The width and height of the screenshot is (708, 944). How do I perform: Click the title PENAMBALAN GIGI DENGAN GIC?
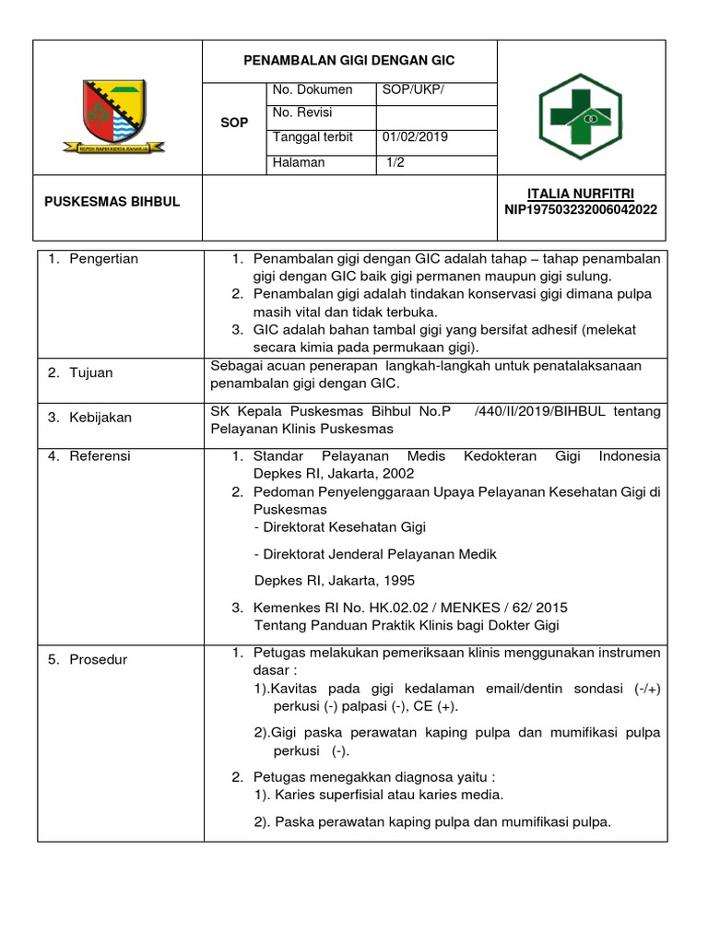pyautogui.click(x=348, y=61)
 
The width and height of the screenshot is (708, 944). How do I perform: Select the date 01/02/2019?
pyautogui.click(x=415, y=137)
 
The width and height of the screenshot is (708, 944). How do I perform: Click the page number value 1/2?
pyautogui.click(x=397, y=162)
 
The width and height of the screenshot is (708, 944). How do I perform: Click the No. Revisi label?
pyautogui.click(x=302, y=113)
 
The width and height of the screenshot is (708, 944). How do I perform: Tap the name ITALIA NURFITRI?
pyautogui.click(x=581, y=194)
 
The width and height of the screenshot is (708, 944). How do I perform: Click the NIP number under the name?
pyautogui.click(x=581, y=209)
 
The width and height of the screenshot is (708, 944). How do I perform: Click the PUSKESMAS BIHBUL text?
pyautogui.click(x=112, y=202)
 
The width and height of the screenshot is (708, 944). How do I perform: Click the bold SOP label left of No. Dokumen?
pyautogui.click(x=234, y=123)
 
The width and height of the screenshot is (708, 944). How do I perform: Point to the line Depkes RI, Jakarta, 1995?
pyautogui.click(x=334, y=581)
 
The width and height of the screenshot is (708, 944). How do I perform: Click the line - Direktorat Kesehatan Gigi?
pyautogui.click(x=339, y=527)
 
